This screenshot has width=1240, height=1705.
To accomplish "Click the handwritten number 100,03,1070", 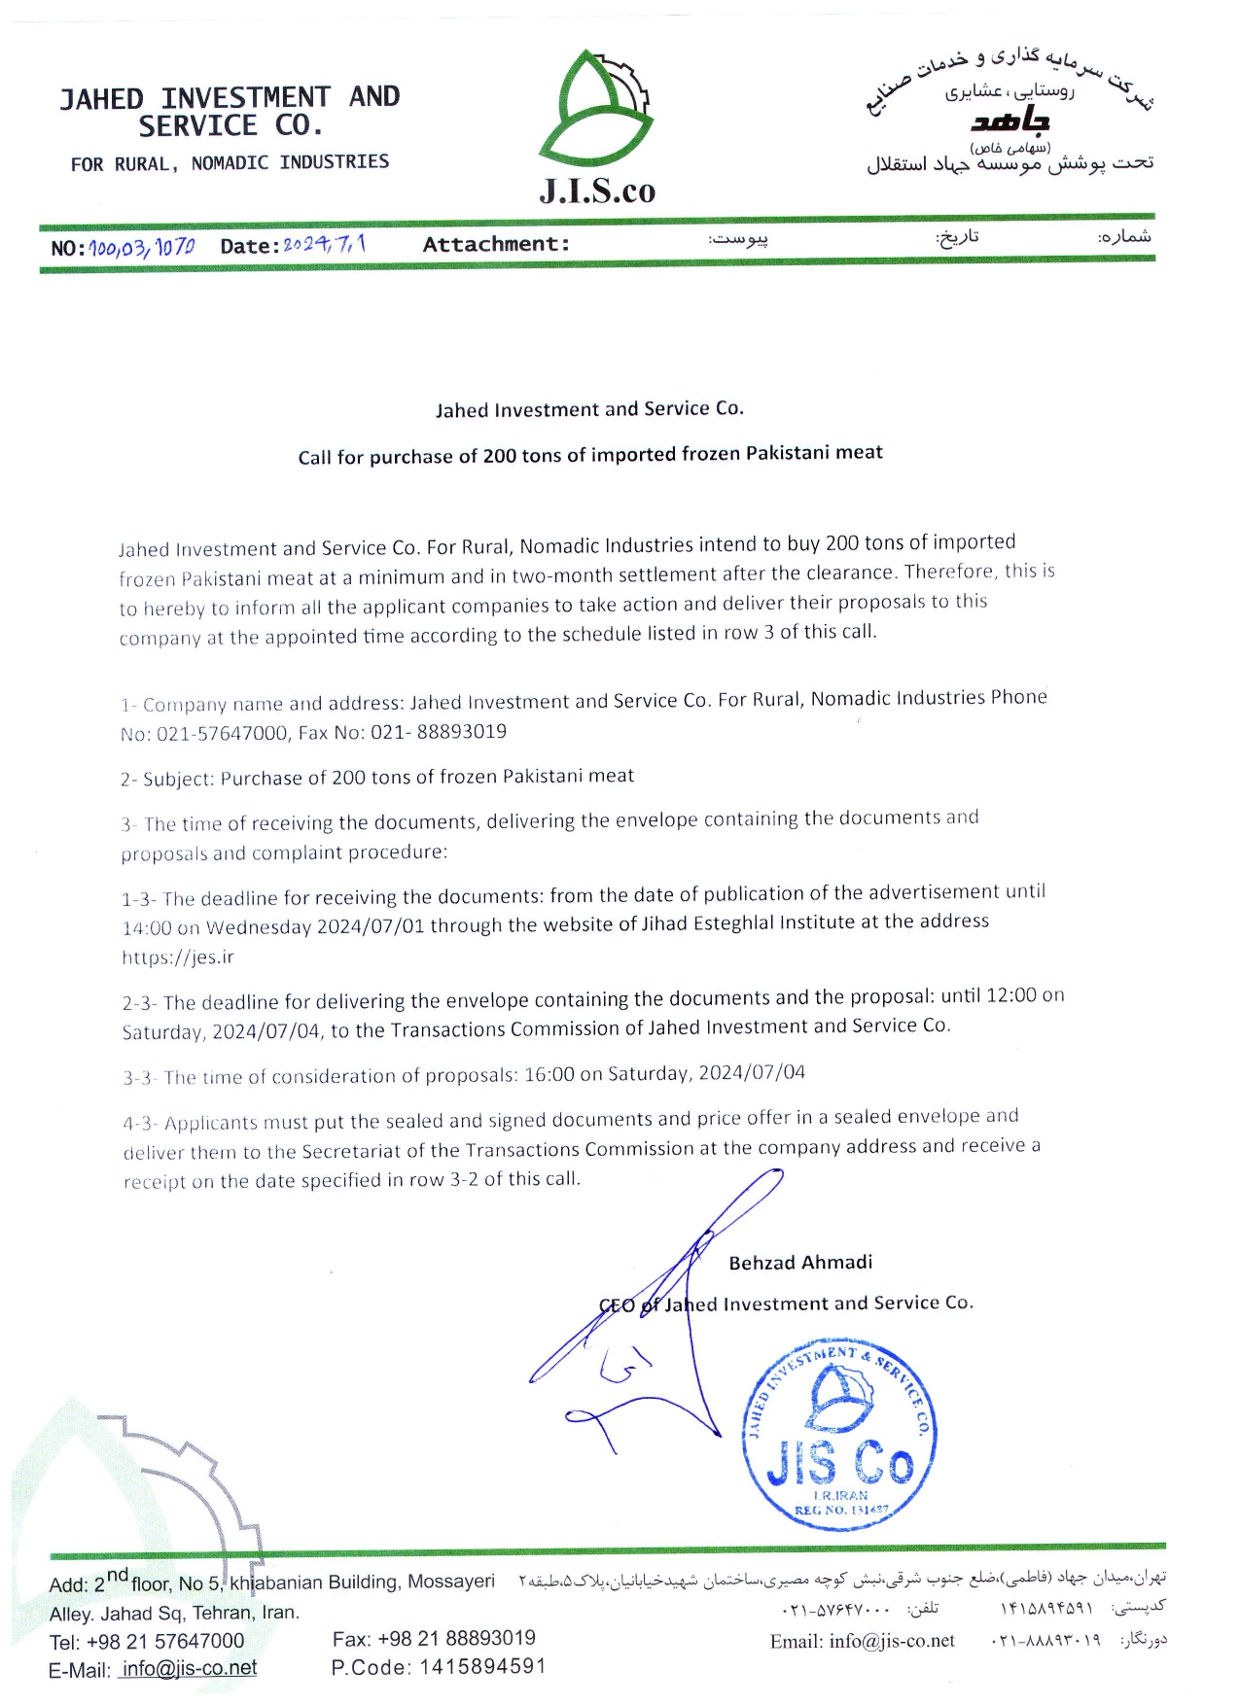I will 142,247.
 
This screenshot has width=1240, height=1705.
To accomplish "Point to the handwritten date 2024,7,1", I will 324,244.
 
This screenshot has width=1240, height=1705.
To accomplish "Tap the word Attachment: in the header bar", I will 496,244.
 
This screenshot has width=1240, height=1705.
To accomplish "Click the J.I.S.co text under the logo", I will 597,191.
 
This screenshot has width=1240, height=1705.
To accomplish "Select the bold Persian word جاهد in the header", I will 1010,122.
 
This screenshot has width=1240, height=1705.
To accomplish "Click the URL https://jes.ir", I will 178,957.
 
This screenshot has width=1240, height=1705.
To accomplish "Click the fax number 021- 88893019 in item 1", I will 439,731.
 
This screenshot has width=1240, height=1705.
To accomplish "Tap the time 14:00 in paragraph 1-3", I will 147,927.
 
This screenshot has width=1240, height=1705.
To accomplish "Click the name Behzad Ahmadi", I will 800,1262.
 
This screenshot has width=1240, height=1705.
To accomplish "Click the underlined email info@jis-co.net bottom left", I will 190,1668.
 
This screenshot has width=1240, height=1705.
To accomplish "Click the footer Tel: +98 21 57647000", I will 147,1641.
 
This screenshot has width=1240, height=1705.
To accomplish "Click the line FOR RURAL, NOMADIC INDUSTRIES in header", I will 230,162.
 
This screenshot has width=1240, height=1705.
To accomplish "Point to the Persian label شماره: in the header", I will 1126,236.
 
